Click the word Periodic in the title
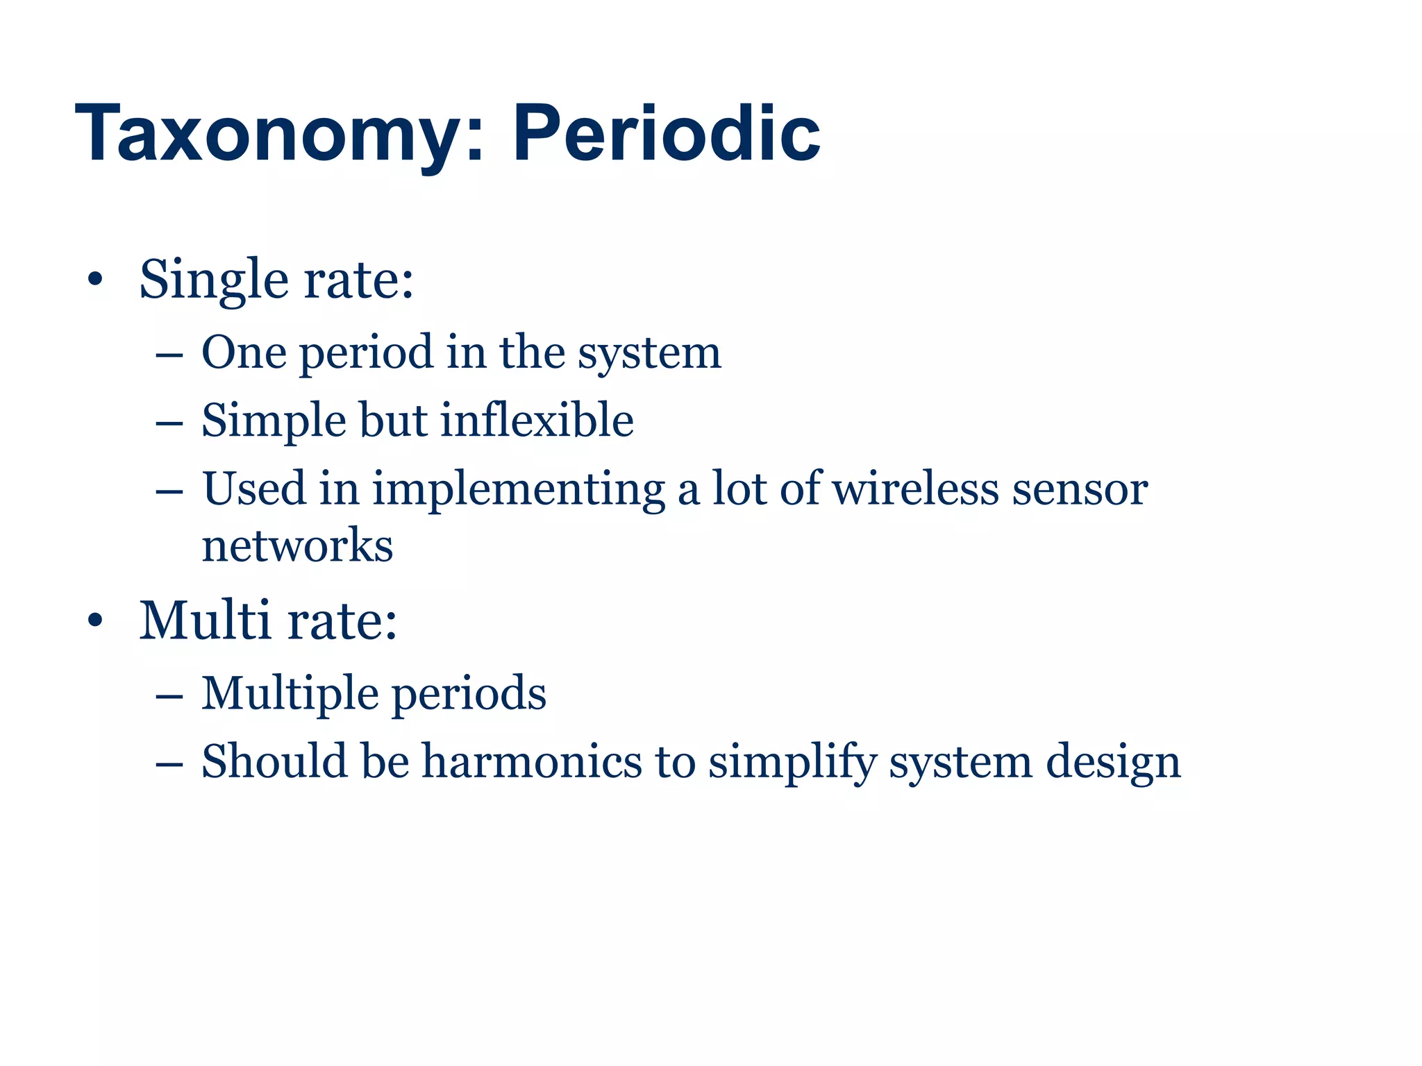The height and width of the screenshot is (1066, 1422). (666, 133)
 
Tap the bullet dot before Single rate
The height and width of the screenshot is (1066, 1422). (95, 280)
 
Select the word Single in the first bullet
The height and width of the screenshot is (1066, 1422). (213, 280)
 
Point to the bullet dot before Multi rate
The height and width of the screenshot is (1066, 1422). (95, 620)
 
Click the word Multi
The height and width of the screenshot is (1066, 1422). (205, 620)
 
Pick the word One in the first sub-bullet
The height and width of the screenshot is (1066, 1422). (243, 352)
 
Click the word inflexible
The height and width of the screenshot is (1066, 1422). (537, 421)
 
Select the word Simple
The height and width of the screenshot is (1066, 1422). (274, 421)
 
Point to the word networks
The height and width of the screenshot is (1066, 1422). (297, 545)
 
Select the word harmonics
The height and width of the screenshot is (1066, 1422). (532, 761)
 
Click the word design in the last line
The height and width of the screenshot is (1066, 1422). (1113, 761)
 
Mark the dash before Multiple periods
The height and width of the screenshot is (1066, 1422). (169, 695)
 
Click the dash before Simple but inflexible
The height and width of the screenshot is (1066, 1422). (169, 422)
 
